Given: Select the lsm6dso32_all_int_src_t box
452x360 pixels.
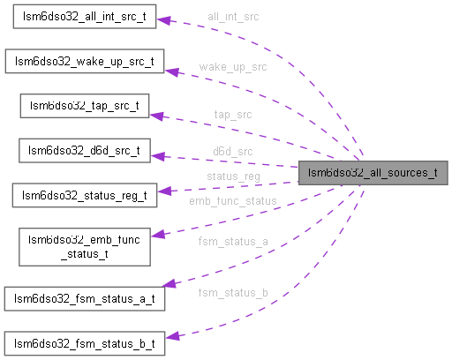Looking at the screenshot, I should (84, 19).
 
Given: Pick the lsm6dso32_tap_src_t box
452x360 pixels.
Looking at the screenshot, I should (85, 106).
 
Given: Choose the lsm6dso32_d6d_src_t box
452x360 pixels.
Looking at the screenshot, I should (85, 150).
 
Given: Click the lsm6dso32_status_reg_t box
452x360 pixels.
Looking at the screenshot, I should (84, 194).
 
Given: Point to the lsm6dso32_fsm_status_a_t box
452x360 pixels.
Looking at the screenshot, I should (84, 297).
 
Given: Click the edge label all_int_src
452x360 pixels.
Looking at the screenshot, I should (233, 17).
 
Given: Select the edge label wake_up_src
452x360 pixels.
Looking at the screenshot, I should (233, 66).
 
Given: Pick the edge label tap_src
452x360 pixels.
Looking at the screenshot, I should (233, 115).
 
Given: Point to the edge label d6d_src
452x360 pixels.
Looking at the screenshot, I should (233, 152).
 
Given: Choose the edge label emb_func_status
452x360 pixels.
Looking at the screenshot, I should (233, 201).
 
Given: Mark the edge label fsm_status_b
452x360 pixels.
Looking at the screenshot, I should (233, 292).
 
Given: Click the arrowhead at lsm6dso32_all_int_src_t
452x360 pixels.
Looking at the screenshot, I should (163, 19).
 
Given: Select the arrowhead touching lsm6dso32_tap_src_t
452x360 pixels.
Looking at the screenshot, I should (156, 114).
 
